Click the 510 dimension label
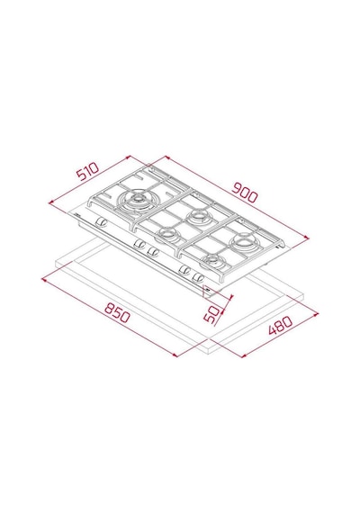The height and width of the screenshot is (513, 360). point(87,171)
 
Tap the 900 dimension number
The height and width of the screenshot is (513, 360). point(245,193)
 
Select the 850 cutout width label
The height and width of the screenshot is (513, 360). point(117,312)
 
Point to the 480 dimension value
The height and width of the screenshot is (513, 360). point(280,326)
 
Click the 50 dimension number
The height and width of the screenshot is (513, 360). point(211,314)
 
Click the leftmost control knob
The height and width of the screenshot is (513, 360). point(101,222)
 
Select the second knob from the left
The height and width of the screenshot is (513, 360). point(139,243)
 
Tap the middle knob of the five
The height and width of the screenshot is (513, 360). point(153,251)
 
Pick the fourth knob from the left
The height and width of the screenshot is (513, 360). point(184,270)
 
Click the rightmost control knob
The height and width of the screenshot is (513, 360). point(198,277)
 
